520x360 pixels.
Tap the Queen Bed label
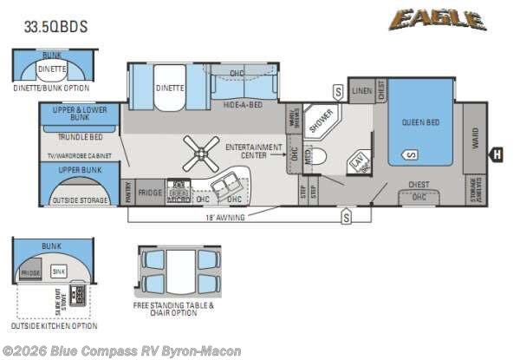pos(420,122)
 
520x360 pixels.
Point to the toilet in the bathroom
pos(317,157)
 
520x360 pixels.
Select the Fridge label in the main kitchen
pos(150,192)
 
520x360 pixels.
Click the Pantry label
pos(127,192)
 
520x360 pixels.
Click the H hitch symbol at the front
pos(497,155)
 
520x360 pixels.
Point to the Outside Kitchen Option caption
pos(54,326)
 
